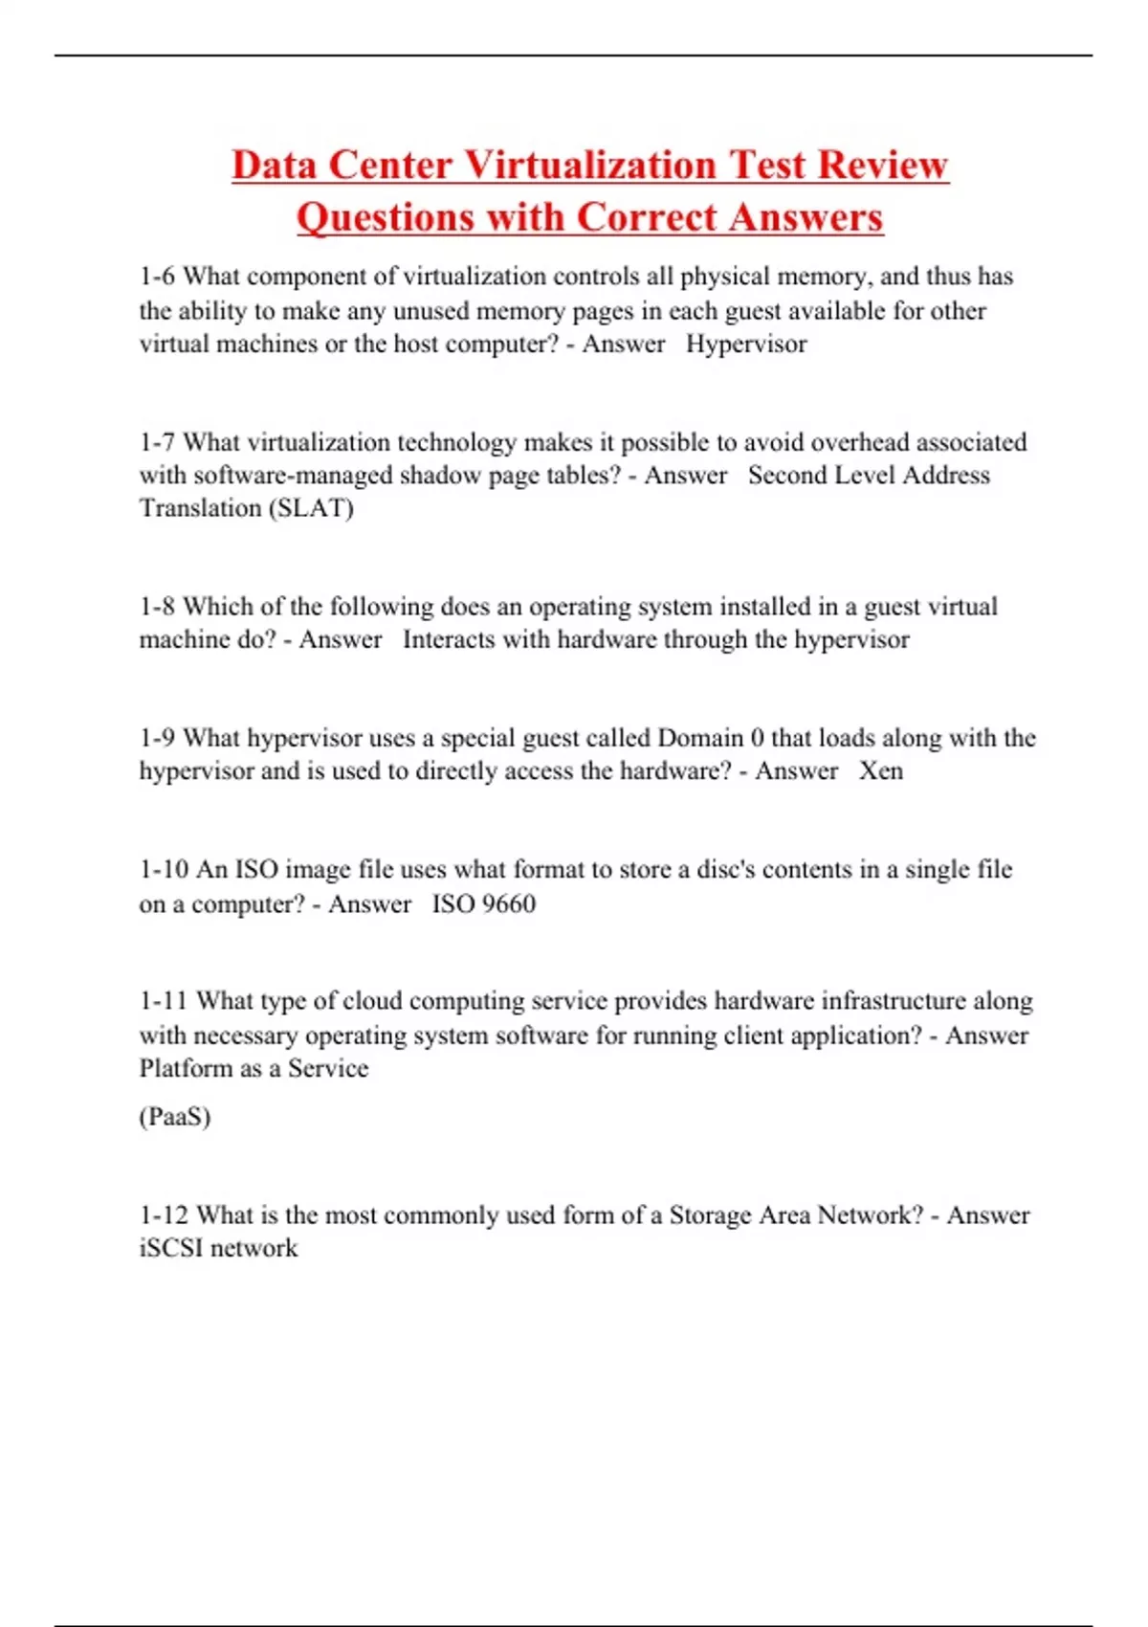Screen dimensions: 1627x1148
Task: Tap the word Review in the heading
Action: tap(883, 165)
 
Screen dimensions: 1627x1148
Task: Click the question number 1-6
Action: tap(157, 277)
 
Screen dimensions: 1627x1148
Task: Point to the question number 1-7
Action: tap(157, 442)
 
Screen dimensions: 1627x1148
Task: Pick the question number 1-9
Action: tap(157, 738)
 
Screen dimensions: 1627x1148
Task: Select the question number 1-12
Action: tap(164, 1215)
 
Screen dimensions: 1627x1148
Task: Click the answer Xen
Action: tap(880, 770)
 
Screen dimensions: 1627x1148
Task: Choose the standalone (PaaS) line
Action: tap(175, 1117)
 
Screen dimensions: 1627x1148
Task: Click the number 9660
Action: tap(508, 903)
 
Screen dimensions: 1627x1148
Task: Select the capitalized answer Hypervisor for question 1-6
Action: tap(746, 344)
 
